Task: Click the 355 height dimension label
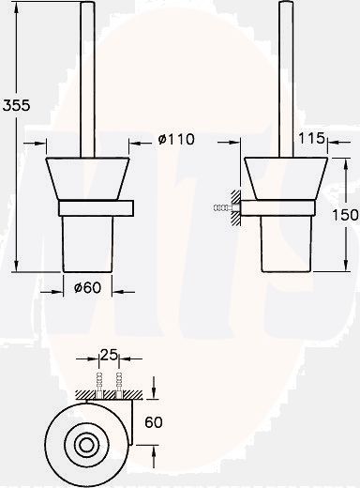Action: (17, 105)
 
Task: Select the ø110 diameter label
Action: (176, 139)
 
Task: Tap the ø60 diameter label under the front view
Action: (88, 287)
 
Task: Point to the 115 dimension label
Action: (311, 138)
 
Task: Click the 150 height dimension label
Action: (345, 215)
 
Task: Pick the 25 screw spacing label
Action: (109, 355)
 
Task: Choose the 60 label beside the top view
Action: (154, 422)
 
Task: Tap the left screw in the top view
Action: (99, 385)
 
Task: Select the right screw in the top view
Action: (119, 385)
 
